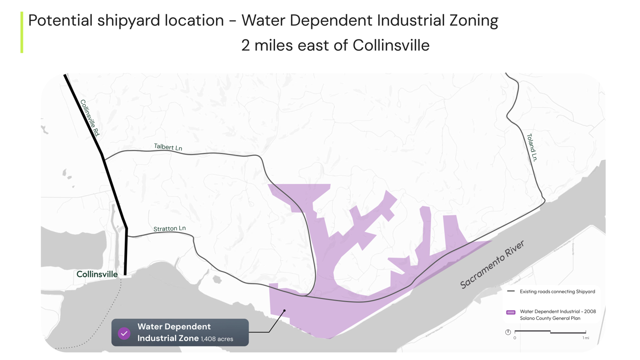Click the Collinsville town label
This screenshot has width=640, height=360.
click(97, 274)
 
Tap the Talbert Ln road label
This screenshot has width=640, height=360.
click(168, 147)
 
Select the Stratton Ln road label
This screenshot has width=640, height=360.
click(170, 228)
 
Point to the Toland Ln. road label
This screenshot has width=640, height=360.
click(531, 147)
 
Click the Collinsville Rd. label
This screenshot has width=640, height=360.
click(90, 118)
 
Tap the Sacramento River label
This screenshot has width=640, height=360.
click(492, 265)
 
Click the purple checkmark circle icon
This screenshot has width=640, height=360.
click(124, 333)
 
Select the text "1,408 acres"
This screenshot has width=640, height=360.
click(217, 339)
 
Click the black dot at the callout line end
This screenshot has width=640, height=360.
click(284, 311)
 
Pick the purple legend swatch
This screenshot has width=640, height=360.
click(511, 312)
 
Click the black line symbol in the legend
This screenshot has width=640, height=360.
click(511, 291)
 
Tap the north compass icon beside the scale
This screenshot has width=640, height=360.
click(508, 332)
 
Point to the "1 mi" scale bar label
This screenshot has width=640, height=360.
click(585, 338)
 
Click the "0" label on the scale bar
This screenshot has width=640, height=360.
click(515, 338)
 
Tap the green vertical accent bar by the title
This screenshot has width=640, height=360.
click(22, 32)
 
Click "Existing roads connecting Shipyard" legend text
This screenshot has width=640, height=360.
click(557, 292)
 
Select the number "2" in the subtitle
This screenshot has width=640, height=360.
click(246, 45)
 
